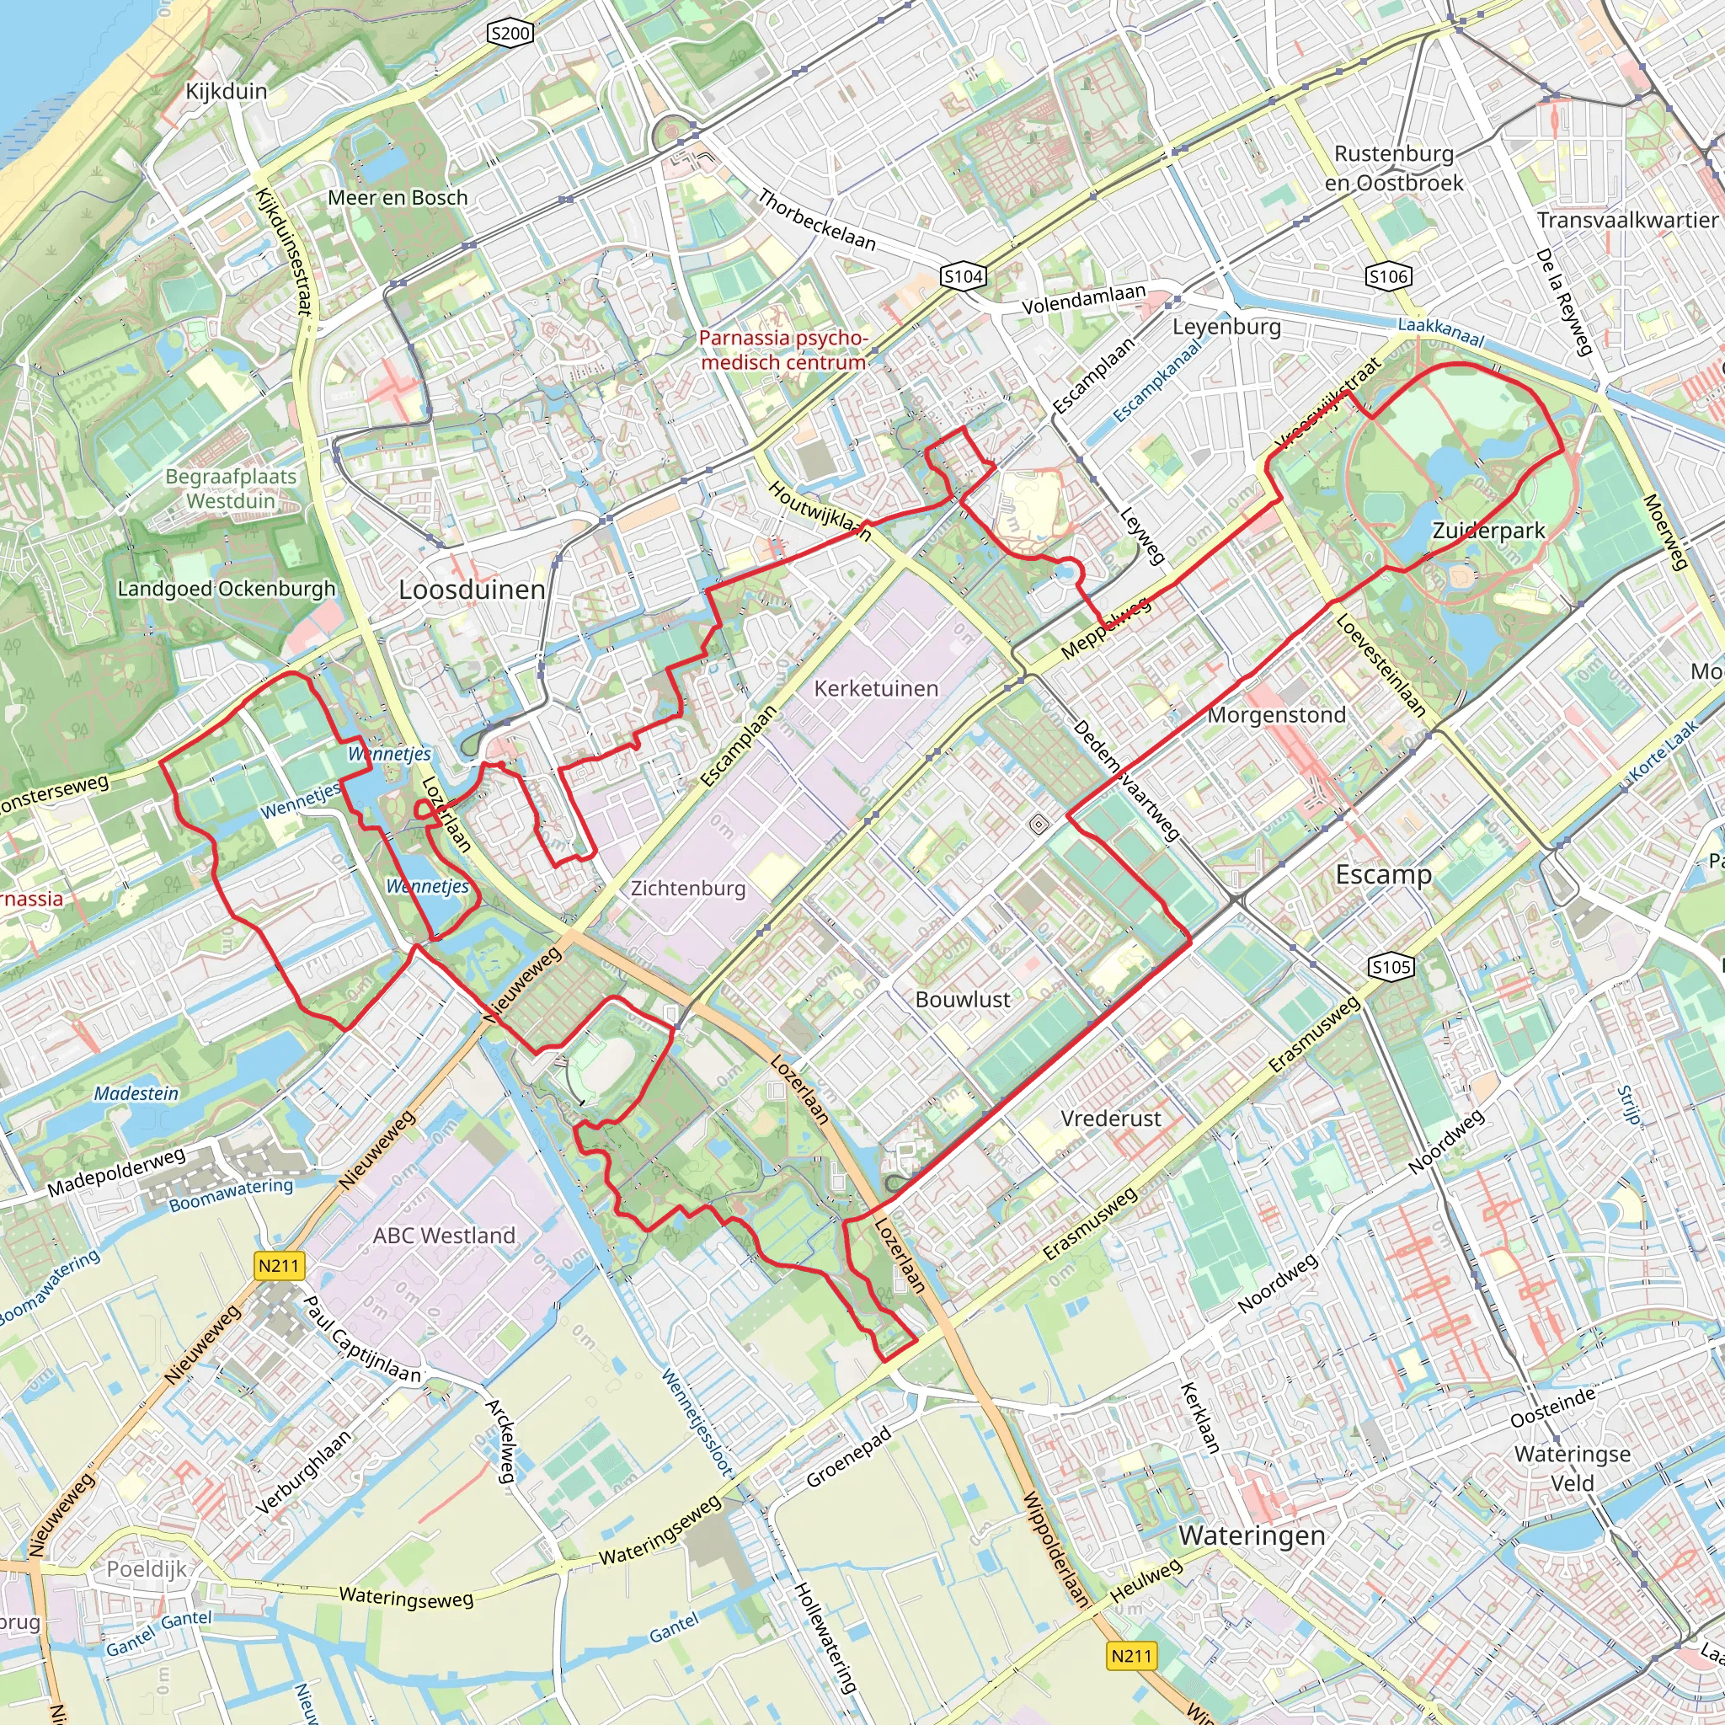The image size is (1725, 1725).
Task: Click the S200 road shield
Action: pyautogui.click(x=510, y=34)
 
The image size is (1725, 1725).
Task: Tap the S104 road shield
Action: pyautogui.click(x=964, y=277)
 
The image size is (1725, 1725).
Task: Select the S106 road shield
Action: pyautogui.click(x=1388, y=277)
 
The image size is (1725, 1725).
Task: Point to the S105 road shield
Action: pyautogui.click(x=1391, y=966)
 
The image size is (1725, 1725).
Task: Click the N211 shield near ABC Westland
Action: pyautogui.click(x=279, y=1265)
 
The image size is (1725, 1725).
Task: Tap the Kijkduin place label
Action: pyautogui.click(x=226, y=91)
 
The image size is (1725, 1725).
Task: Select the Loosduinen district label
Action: pyautogui.click(x=472, y=590)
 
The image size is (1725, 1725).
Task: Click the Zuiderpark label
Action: pyautogui.click(x=1488, y=531)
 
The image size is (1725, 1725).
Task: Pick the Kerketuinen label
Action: pyautogui.click(x=876, y=688)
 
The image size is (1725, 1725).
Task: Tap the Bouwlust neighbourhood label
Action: pyautogui.click(x=963, y=999)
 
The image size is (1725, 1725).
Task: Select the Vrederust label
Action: pyautogui.click(x=1111, y=1118)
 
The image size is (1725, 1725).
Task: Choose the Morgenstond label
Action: pyautogui.click(x=1276, y=715)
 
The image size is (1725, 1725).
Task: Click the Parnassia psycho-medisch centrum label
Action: pyautogui.click(x=783, y=350)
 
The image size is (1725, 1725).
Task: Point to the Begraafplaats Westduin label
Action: pyautogui.click(x=230, y=489)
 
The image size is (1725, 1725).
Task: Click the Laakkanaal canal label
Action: pyautogui.click(x=1440, y=332)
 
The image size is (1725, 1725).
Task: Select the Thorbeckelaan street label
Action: pyautogui.click(x=817, y=220)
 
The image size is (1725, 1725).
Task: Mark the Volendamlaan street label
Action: pyautogui.click(x=1083, y=299)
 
